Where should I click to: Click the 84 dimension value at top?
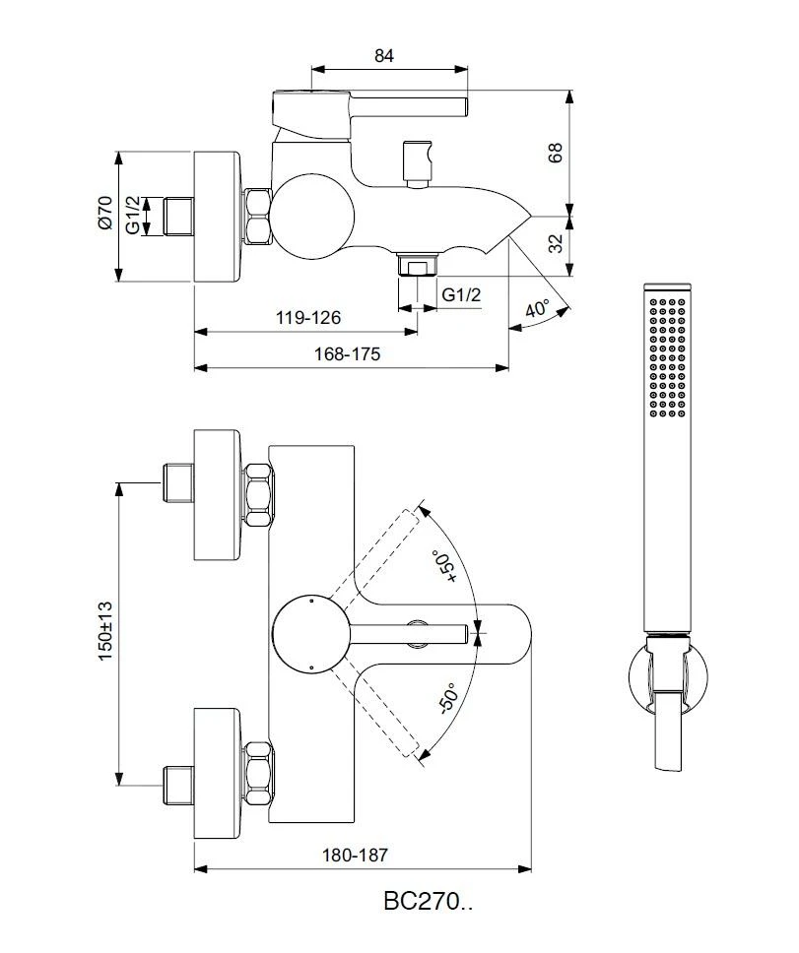click(384, 56)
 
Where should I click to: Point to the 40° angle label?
click(537, 309)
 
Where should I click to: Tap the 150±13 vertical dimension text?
click(105, 630)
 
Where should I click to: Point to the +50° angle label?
click(444, 568)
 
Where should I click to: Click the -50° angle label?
click(444, 697)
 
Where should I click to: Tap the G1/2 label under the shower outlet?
click(461, 295)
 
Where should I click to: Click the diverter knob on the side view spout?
click(418, 162)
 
